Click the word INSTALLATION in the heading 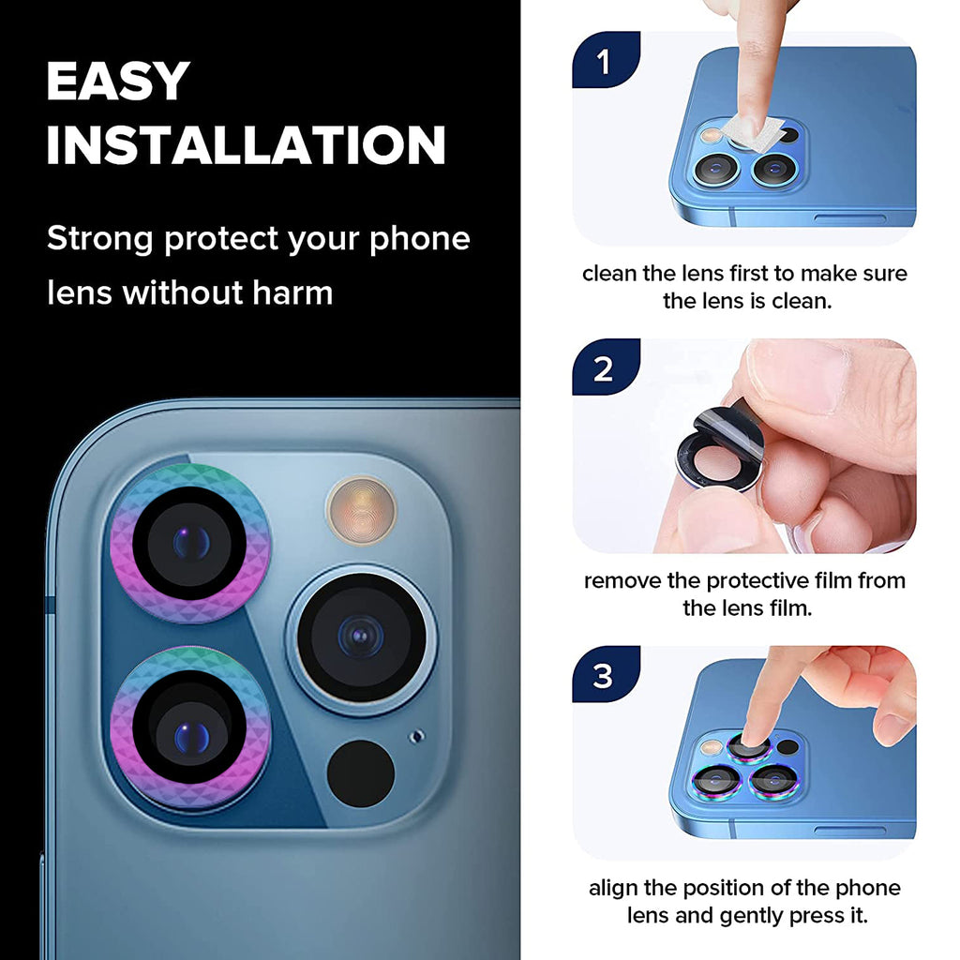click(x=247, y=145)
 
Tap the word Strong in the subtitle click(x=99, y=239)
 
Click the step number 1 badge click(x=606, y=60)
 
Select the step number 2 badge click(x=606, y=367)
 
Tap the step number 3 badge click(x=606, y=675)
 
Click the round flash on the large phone click(x=361, y=510)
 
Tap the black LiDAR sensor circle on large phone click(x=361, y=773)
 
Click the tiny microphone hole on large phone click(x=417, y=736)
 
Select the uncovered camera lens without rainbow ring click(x=361, y=637)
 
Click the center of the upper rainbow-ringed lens click(x=190, y=543)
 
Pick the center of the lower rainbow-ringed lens click(x=190, y=727)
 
